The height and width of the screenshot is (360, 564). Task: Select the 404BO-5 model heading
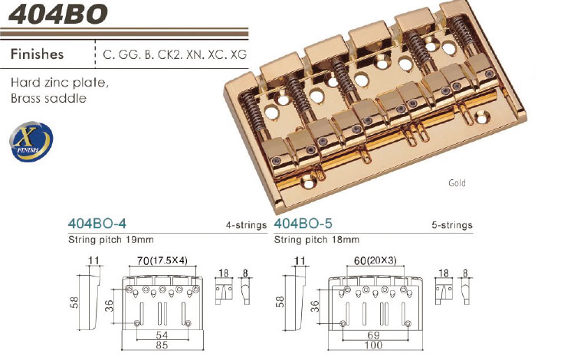pos(303,225)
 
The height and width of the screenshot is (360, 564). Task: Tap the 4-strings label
pos(247,226)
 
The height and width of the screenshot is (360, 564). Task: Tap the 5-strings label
pos(452,226)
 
